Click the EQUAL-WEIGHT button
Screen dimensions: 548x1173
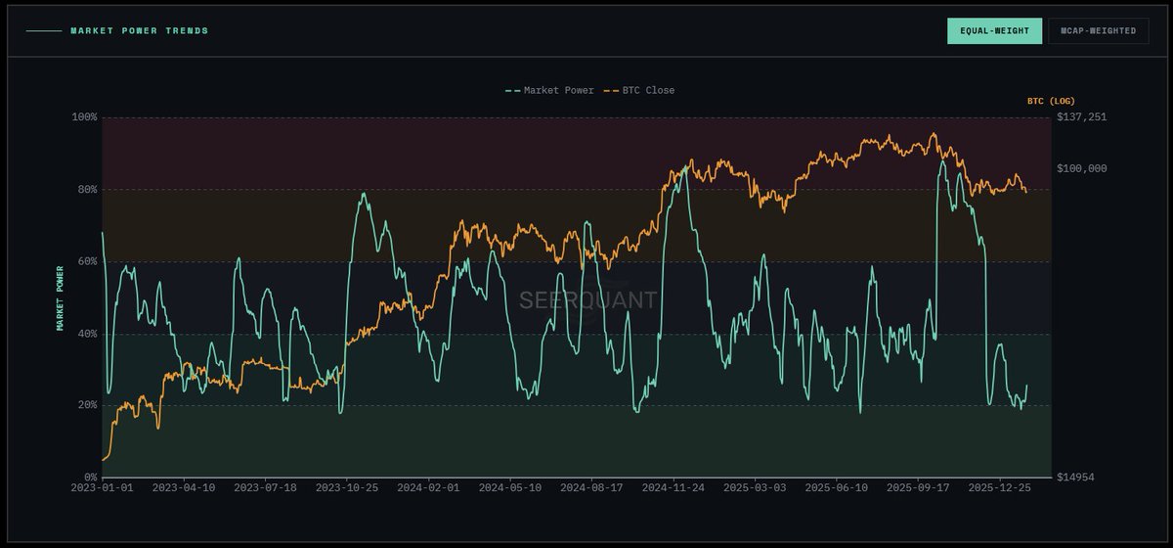pos(994,31)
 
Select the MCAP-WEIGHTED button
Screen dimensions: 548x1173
pos(1098,31)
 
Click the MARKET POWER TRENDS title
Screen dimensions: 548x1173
pos(139,31)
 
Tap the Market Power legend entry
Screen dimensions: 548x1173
pos(549,91)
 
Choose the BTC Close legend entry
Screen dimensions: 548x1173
pos(639,91)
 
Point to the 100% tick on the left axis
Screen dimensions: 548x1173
pos(85,117)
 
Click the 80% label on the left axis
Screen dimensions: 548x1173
pos(87,190)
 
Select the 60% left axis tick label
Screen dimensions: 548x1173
pos(87,261)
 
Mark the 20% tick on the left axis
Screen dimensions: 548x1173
pos(87,405)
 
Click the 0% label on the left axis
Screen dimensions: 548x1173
pos(90,478)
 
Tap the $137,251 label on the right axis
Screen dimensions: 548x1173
pos(1082,117)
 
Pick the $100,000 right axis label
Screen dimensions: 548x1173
pos(1082,168)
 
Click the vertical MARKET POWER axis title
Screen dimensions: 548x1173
pos(60,297)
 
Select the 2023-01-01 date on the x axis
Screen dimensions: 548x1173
pos(102,487)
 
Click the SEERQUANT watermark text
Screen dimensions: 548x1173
pos(587,300)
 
